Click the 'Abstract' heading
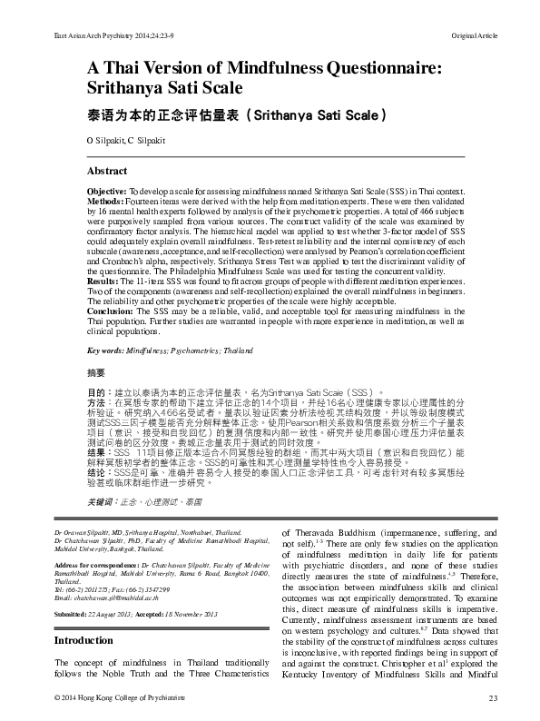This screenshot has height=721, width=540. tap(107, 171)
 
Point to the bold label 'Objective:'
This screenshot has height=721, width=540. tap(106, 193)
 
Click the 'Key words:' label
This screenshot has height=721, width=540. tap(106, 350)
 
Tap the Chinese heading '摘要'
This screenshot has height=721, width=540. tap(95, 372)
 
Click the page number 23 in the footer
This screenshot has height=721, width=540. tap(494, 696)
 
